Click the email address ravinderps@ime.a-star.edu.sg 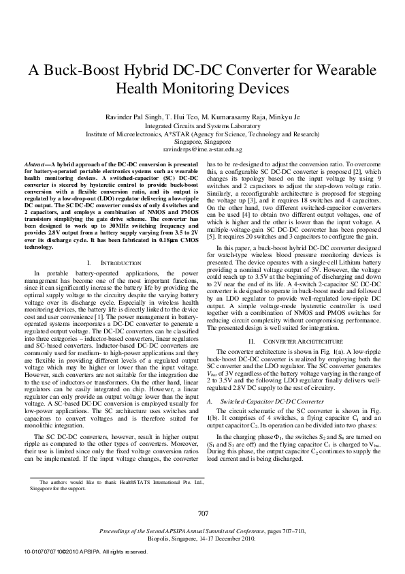pyautogui.click(x=203, y=148)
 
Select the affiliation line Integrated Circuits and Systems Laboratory pyautogui.click(x=203, y=126)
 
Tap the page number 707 pyautogui.click(x=202, y=513)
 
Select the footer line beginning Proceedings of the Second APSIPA pyautogui.click(x=202, y=530)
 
